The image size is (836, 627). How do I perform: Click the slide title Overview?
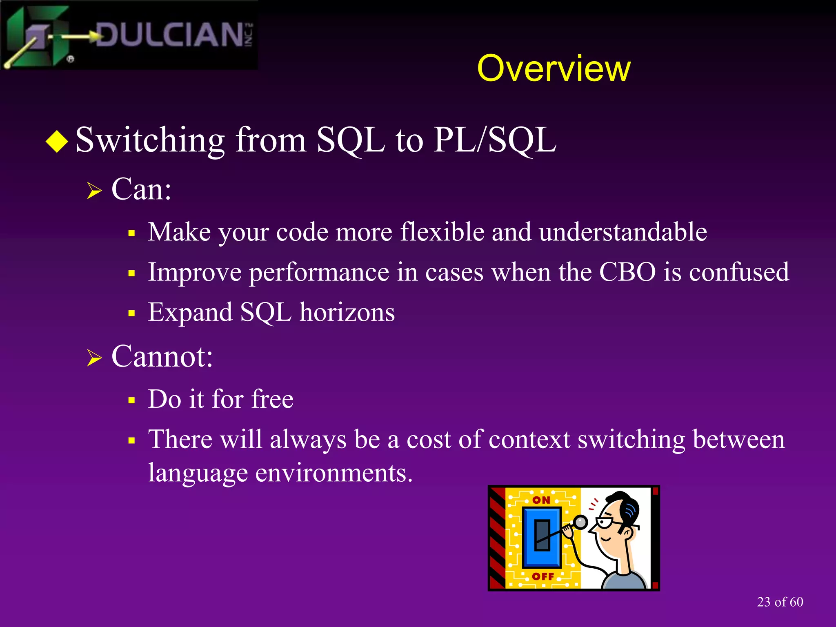coord(554,69)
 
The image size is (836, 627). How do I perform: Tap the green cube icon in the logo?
coord(39,37)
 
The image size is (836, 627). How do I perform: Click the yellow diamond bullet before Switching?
coord(57,141)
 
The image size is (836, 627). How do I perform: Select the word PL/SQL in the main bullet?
coord(494,140)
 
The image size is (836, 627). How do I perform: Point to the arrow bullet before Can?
coord(94,191)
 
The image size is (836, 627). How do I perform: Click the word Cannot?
coord(162,357)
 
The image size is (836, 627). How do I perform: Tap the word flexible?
coord(442,232)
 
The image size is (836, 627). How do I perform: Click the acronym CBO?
coord(627,272)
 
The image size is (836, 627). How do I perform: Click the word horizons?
coord(347,312)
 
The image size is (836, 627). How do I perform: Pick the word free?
coord(272,399)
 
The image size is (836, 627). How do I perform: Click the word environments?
coord(334,473)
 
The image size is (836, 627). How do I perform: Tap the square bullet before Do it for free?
coord(131,400)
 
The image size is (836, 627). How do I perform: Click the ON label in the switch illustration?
coord(541,500)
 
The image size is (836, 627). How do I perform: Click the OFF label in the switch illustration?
coord(543,576)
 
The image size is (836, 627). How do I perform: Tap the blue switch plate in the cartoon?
coord(542,537)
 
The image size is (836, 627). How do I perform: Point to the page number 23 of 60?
coord(780,602)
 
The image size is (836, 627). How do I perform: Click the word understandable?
coord(623,232)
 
